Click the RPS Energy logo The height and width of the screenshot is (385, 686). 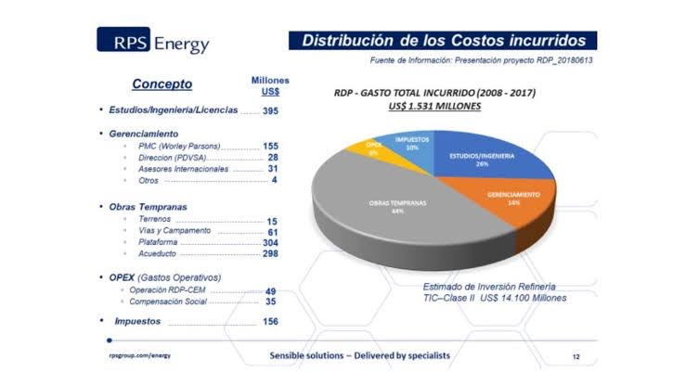click(x=153, y=42)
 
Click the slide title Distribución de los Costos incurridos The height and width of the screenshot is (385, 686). click(x=443, y=41)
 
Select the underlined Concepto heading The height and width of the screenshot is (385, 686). click(x=162, y=84)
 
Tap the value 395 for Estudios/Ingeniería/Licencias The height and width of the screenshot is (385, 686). click(x=270, y=110)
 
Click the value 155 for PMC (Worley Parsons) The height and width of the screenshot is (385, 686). click(x=270, y=147)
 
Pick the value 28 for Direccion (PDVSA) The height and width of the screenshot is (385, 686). click(x=273, y=159)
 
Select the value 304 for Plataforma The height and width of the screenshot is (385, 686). click(x=270, y=242)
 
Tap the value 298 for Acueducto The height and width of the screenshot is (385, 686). click(x=270, y=253)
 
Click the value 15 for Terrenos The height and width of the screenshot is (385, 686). click(x=273, y=220)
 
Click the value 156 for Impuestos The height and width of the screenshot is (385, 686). click(x=270, y=321)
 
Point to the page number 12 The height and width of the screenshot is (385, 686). click(x=576, y=356)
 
